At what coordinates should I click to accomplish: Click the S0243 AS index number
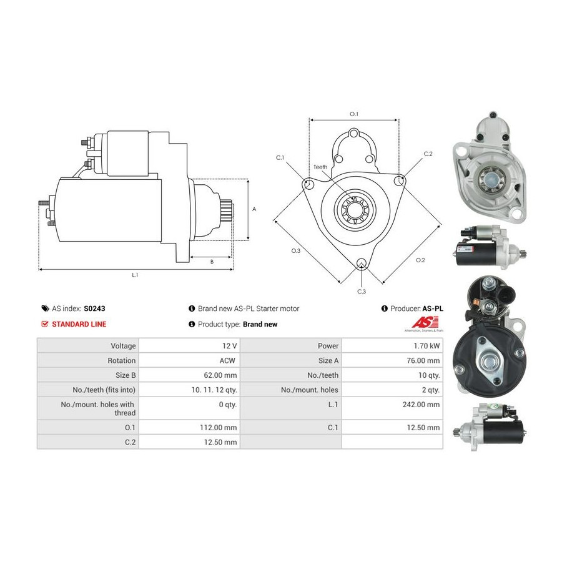[94, 308]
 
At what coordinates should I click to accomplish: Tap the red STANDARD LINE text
[79, 324]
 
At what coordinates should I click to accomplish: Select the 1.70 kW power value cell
[426, 346]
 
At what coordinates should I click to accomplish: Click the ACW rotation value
[227, 360]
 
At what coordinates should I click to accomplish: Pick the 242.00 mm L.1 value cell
[421, 405]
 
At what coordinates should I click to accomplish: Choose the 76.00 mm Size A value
[423, 360]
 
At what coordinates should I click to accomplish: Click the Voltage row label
[123, 346]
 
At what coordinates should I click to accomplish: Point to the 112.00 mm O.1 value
[219, 428]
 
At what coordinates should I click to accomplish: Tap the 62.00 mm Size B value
[220, 375]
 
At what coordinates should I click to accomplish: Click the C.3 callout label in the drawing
[362, 292]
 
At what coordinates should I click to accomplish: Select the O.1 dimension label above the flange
[354, 114]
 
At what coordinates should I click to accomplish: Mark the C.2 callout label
[428, 154]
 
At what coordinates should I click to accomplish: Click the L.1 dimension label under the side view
[135, 275]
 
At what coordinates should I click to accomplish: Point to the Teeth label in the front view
[320, 167]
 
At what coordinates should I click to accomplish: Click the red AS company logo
[425, 322]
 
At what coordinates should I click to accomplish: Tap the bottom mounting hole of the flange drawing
[362, 263]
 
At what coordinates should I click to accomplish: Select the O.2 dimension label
[420, 260]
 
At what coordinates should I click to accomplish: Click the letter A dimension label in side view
[254, 209]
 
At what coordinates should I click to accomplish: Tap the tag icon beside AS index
[45, 308]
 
